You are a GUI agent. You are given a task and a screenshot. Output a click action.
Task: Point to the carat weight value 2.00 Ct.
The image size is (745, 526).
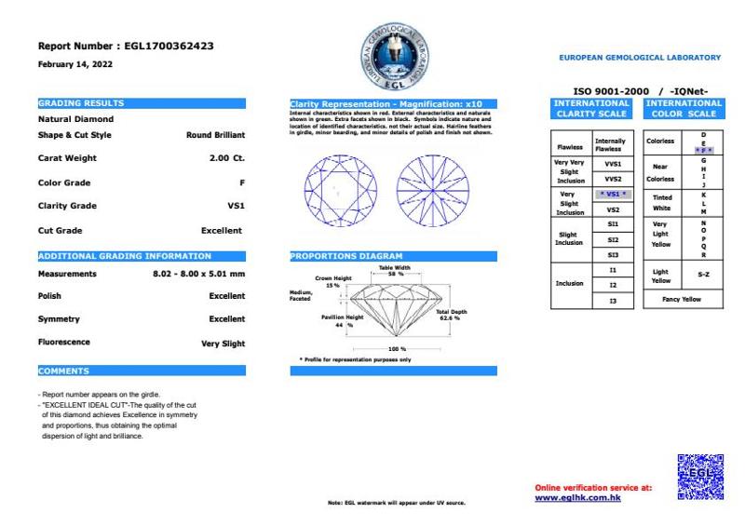pos(227,158)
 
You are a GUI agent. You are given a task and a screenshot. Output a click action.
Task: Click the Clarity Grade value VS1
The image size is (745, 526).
pos(236,206)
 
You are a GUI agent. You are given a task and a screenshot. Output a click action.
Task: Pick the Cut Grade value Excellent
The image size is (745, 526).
pos(222,230)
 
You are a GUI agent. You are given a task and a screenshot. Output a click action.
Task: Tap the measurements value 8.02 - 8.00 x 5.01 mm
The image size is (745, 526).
pos(198,274)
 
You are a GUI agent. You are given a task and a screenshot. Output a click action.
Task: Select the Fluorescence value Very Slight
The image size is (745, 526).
pos(223,344)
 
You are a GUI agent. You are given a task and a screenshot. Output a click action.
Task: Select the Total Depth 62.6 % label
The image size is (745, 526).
pos(452,315)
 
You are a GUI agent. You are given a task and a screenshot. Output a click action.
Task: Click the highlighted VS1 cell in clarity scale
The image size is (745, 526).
pos(612,194)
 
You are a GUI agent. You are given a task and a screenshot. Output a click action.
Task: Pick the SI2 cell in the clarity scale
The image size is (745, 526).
pos(613,239)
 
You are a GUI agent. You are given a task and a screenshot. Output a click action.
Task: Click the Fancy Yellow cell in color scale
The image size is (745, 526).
pos(683,300)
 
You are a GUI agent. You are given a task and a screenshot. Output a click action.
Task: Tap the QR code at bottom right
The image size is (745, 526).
pos(700,477)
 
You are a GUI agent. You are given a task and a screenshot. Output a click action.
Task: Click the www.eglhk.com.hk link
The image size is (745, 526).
pos(577,497)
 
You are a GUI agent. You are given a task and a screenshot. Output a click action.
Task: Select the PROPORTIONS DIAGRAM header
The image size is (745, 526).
pos(393,256)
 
